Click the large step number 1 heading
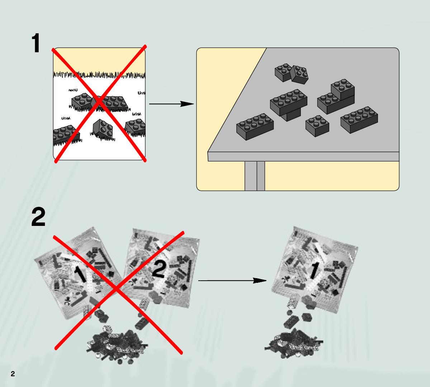(x=36, y=43)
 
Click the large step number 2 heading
(x=38, y=217)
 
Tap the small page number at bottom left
(x=13, y=374)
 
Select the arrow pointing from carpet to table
(x=171, y=104)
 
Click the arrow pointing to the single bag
(x=232, y=281)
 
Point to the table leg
(x=255, y=176)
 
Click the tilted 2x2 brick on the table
(x=299, y=74)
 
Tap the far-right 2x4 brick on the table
(x=359, y=120)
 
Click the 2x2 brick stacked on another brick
(x=343, y=90)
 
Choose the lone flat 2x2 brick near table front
(x=317, y=126)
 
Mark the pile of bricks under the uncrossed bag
(x=294, y=343)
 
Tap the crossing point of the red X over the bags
(x=117, y=289)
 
